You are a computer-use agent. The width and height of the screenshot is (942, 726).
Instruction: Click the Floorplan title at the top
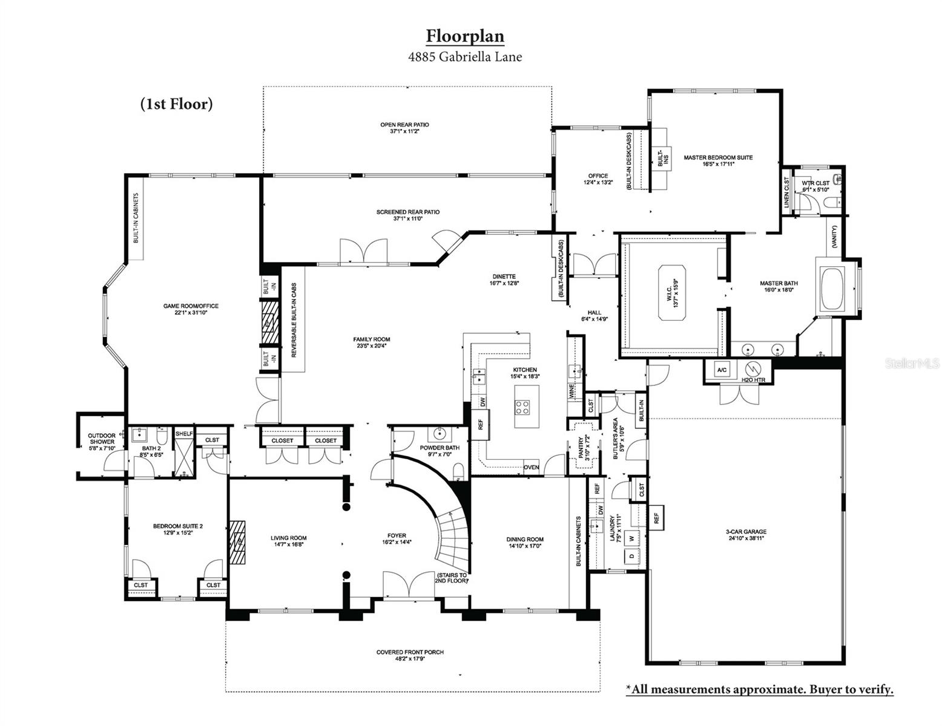(464, 36)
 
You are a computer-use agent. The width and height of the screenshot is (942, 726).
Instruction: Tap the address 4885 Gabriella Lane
(464, 57)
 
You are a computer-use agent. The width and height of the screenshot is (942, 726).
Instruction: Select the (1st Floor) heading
(176, 104)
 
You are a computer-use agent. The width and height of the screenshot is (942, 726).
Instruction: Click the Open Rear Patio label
(404, 128)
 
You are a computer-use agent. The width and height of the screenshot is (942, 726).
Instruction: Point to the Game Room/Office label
(191, 309)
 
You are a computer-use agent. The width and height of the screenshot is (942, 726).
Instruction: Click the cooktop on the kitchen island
(522, 407)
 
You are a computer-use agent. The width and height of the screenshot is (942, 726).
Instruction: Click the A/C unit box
(722, 370)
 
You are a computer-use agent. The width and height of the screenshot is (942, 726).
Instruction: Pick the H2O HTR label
(753, 380)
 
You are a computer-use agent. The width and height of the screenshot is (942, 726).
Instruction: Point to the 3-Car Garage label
(745, 535)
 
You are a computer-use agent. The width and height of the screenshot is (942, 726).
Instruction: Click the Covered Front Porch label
(410, 655)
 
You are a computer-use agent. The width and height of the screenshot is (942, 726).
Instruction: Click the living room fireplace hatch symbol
(237, 542)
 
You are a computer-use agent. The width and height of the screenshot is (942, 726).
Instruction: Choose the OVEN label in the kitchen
(531, 467)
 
